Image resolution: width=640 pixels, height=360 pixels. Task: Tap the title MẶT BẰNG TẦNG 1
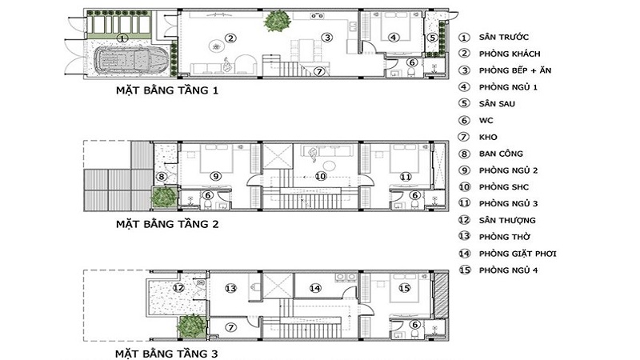click(x=167, y=90)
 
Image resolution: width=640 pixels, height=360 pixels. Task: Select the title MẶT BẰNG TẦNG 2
click(x=167, y=224)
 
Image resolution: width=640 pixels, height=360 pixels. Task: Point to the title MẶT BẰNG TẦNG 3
click(x=166, y=354)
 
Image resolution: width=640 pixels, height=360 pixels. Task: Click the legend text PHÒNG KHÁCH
click(x=510, y=54)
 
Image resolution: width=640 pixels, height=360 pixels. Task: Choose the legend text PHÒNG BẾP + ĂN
click(x=515, y=70)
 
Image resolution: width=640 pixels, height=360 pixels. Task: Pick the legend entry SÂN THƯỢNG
click(x=507, y=221)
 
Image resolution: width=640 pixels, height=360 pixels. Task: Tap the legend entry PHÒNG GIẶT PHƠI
click(x=518, y=254)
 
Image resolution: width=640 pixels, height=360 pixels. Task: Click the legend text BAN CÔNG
click(x=501, y=154)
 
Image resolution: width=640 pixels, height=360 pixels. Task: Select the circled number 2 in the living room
click(x=230, y=38)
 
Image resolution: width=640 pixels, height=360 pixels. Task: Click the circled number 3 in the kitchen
click(x=327, y=38)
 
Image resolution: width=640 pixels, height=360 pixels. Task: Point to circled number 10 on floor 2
click(x=321, y=176)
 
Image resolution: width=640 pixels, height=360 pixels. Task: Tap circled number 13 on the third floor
click(x=230, y=289)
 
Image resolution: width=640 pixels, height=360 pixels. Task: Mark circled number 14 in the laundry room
click(x=315, y=289)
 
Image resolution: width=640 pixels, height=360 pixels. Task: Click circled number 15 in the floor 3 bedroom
click(x=404, y=289)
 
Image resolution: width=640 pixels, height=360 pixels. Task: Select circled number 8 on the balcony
click(x=162, y=177)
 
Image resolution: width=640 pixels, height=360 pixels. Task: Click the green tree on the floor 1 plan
click(x=278, y=21)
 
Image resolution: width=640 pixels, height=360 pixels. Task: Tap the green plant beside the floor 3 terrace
click(x=191, y=326)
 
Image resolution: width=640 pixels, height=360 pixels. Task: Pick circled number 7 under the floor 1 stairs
click(x=319, y=71)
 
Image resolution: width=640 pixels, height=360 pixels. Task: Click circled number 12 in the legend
click(x=464, y=220)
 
